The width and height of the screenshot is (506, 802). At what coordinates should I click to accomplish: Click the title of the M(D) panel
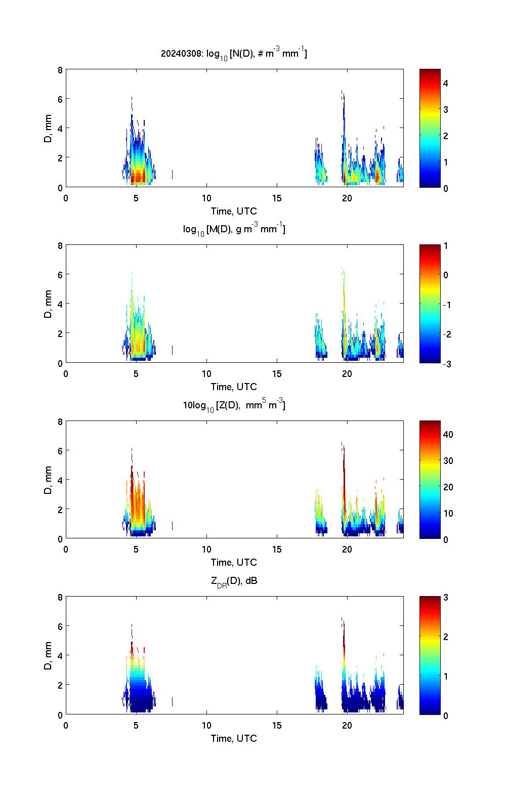click(x=234, y=229)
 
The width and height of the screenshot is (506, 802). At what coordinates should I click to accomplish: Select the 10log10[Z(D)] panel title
click(x=234, y=405)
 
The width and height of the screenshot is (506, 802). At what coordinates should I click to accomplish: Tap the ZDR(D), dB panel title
click(x=234, y=581)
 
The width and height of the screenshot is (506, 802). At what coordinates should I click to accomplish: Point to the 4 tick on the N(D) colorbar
click(x=446, y=83)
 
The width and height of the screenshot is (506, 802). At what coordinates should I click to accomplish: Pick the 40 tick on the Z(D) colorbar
click(x=448, y=434)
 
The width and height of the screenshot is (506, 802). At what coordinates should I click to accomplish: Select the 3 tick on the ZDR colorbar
click(x=446, y=598)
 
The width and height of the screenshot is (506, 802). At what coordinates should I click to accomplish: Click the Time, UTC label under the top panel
click(x=234, y=211)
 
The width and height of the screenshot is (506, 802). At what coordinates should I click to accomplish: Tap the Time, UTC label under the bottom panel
click(x=234, y=738)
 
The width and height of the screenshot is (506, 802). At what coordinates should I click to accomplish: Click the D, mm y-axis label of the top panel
click(x=48, y=129)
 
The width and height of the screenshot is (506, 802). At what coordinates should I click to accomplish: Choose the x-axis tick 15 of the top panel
click(x=277, y=198)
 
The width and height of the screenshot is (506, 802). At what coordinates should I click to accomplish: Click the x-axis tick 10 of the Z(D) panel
click(x=206, y=550)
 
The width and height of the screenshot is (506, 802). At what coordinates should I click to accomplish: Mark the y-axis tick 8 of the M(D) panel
click(x=60, y=246)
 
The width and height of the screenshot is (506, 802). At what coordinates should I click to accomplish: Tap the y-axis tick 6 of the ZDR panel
click(x=60, y=626)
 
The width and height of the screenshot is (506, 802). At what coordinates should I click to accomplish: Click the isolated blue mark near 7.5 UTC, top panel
click(x=173, y=175)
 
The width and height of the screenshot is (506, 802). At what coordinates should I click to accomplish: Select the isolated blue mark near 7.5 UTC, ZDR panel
click(x=173, y=702)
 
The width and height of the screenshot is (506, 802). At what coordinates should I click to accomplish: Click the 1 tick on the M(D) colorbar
click(x=446, y=246)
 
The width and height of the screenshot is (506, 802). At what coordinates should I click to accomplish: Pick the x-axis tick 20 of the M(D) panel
click(x=347, y=374)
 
